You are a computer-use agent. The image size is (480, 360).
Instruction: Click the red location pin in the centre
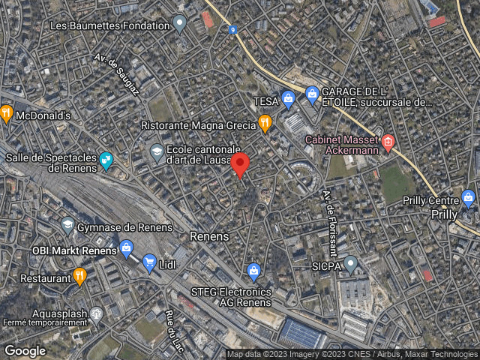pos(240,164)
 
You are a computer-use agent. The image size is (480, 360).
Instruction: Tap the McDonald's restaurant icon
pos(7,114)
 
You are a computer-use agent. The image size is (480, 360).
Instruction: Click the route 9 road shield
pos(234,30)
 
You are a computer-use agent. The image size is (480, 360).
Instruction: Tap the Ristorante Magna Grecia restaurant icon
pos(264,122)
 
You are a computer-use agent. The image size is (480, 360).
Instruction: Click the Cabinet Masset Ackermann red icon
pos(388,141)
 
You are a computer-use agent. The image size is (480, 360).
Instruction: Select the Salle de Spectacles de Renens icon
pos(106,160)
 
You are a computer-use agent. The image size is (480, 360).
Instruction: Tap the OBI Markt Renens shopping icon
pos(126,247)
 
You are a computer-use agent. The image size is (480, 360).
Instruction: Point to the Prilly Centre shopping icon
pos(469,199)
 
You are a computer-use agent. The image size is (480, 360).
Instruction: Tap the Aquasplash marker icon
pos(96,313)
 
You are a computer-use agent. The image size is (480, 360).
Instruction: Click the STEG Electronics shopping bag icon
pos(253,270)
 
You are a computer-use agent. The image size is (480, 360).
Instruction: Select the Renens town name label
pos(209,235)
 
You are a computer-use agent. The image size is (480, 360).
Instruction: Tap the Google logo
pos(25,350)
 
